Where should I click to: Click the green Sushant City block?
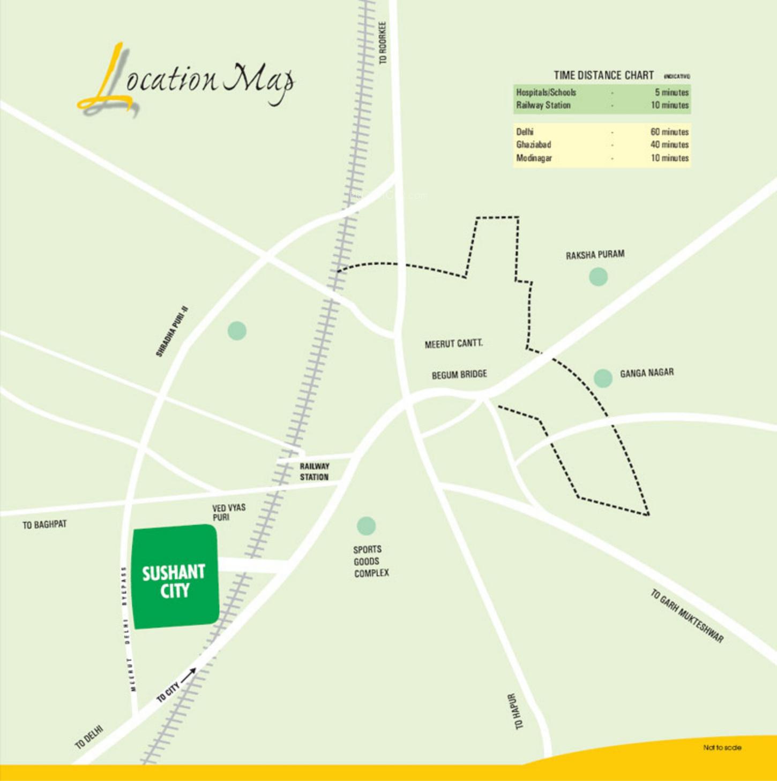coord(175,576)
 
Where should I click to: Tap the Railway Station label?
coord(314,472)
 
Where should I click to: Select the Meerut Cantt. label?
coord(453,344)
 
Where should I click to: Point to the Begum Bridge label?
coord(459,374)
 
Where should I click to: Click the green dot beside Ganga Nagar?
coord(603,378)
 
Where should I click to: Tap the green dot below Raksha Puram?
coord(598,277)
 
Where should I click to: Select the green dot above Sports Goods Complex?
coord(366,526)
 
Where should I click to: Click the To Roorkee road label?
coord(383,43)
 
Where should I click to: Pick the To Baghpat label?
coord(44,525)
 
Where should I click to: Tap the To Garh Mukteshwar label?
coord(687,616)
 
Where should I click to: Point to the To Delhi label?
coord(88,737)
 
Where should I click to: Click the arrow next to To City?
coord(188,676)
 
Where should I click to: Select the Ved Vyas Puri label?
coord(228,512)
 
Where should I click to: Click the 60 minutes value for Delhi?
coord(669,132)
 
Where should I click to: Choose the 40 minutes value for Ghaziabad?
coord(669,145)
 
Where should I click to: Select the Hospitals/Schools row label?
coord(546,92)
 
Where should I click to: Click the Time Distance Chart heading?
coord(603,75)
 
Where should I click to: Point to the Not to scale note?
coord(722,747)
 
